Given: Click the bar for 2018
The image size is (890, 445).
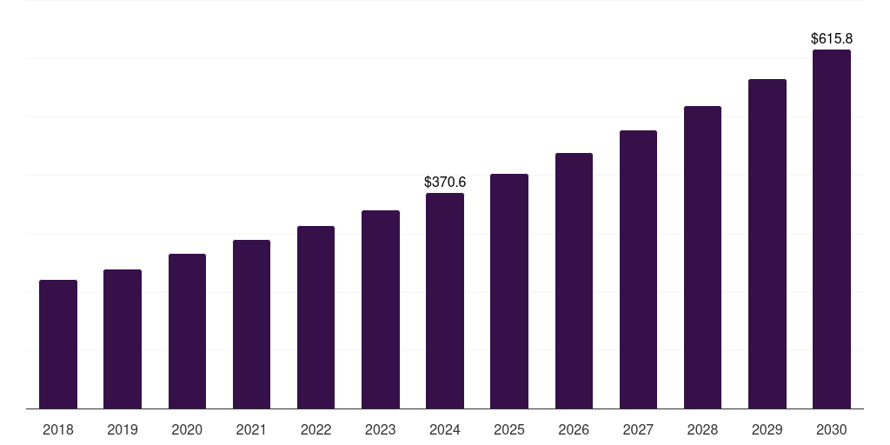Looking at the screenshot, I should pos(58,344).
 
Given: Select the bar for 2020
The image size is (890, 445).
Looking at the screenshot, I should pos(187,331).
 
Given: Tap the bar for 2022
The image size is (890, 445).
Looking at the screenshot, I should pos(315,317).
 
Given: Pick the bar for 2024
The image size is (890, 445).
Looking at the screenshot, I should pos(445,301).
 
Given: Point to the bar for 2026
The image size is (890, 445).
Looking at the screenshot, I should pos(574,281).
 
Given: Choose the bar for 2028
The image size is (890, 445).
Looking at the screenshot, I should pos(702,257).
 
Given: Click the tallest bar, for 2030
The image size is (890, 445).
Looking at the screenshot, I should pos(832,229).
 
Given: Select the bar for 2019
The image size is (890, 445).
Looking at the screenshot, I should pos(123,339).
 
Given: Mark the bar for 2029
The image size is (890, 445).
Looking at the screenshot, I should pos(767,244).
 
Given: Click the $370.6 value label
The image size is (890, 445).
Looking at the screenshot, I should pos(445,183).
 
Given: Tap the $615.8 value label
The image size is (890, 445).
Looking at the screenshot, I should pos(832,39).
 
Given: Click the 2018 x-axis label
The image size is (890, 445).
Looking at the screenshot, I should pos(58,429).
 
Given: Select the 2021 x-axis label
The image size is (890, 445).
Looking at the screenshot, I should pos(251,429).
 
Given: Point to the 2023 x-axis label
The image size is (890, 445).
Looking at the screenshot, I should pos(381,429).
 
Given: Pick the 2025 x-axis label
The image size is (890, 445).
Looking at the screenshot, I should pos(509,429).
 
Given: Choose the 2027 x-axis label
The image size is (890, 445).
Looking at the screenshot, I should pos(638,429).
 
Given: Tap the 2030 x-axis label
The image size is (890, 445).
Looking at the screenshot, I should pos(832,429).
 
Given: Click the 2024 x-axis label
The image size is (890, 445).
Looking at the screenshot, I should pos(445,429).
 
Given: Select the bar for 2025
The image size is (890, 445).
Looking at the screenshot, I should pos(509,291).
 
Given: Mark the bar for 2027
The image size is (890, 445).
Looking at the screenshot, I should pos(638,269).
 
